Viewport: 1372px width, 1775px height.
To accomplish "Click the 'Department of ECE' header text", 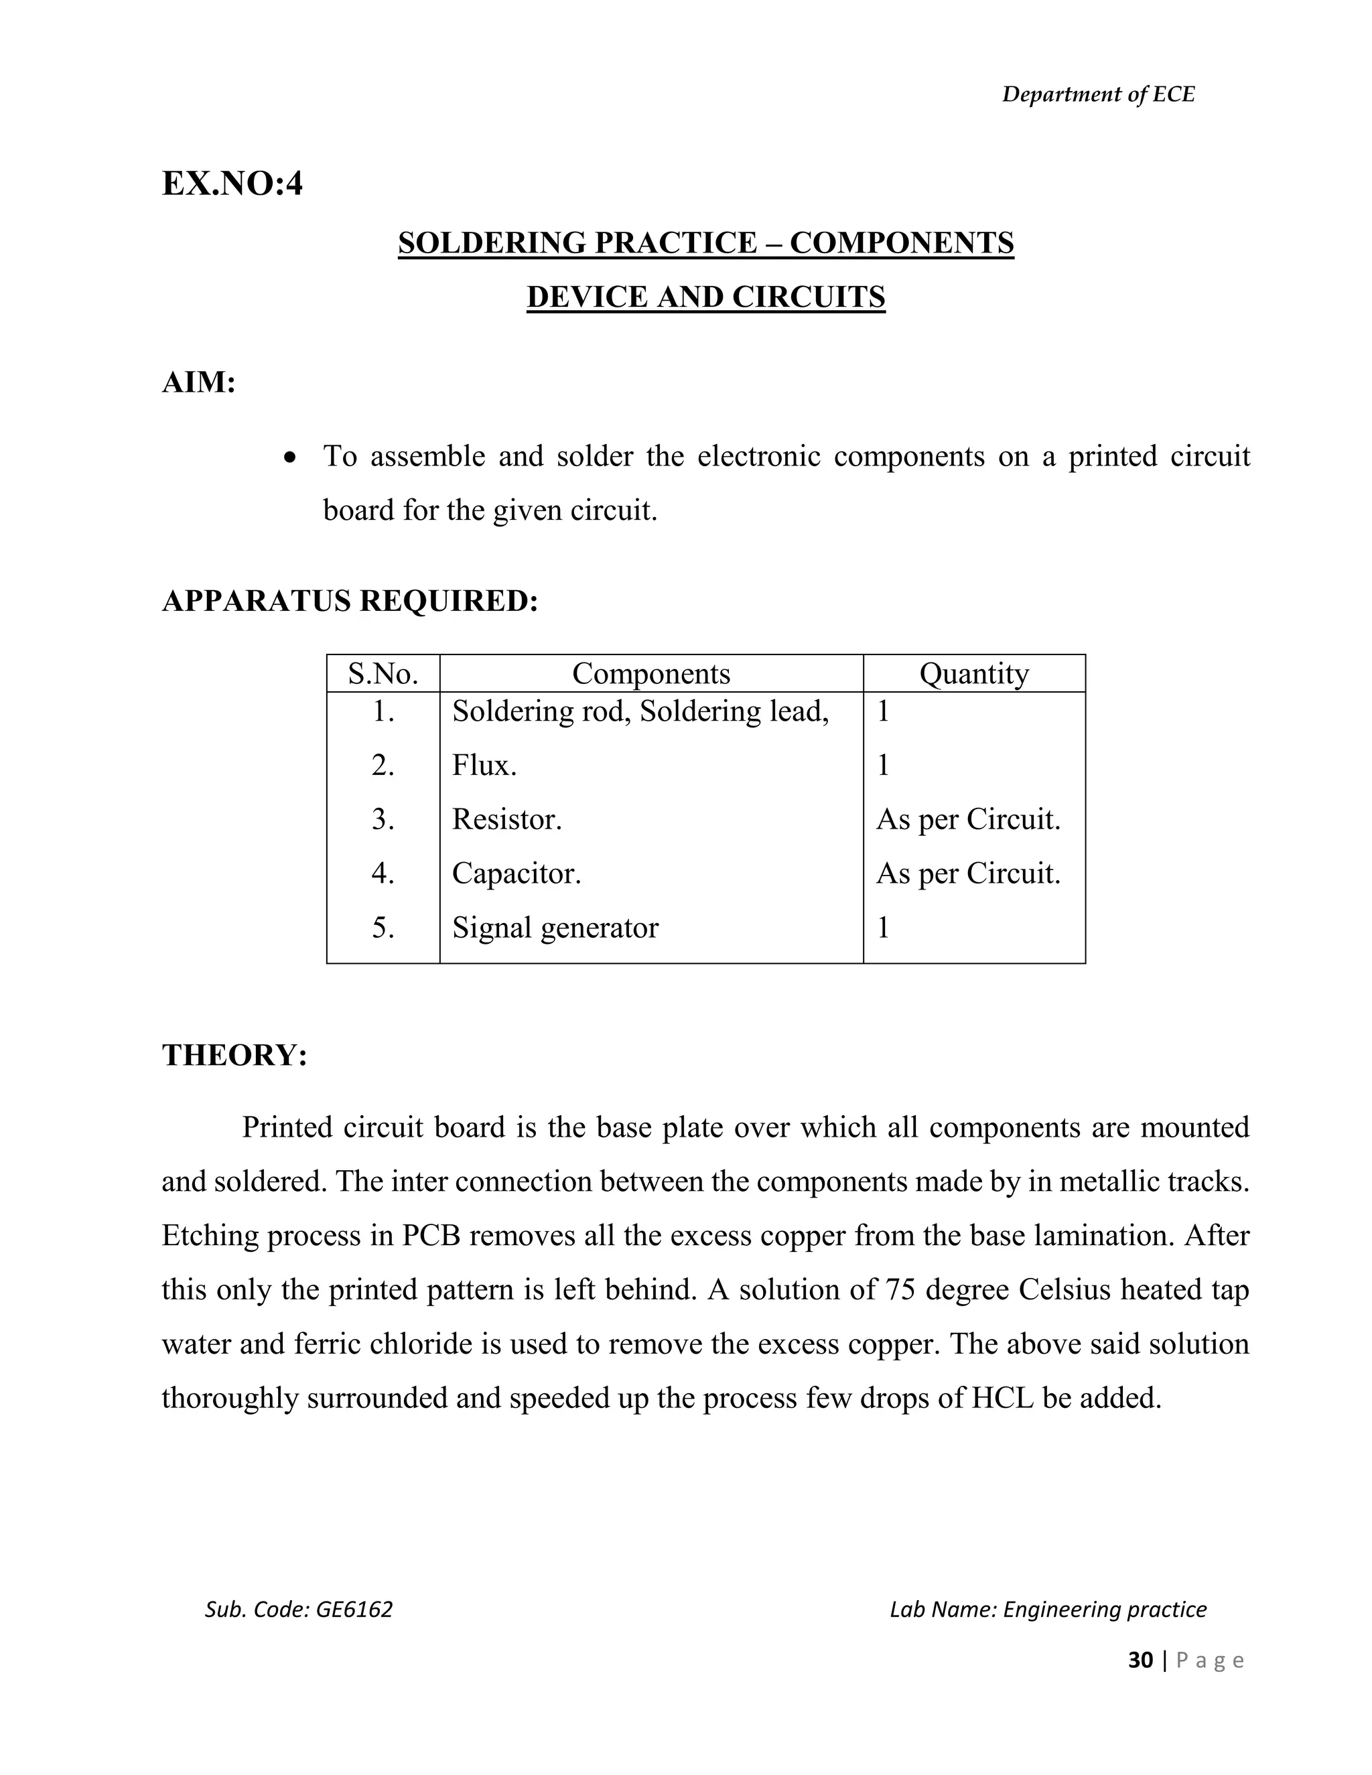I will (1097, 95).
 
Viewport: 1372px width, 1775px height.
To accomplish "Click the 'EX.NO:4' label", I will (232, 184).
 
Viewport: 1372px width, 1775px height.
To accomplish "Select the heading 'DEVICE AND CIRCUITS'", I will (705, 297).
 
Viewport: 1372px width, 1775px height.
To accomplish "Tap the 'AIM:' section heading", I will (199, 382).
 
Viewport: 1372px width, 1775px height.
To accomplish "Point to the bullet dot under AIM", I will (290, 458).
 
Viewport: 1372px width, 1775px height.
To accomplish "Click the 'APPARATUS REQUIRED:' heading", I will (350, 601).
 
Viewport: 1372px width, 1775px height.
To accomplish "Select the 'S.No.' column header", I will (383, 674).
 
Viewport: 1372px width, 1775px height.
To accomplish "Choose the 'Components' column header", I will (651, 674).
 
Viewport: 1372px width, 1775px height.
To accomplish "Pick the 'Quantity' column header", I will (973, 674).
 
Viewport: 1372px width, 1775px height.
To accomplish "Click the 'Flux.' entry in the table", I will (484, 766).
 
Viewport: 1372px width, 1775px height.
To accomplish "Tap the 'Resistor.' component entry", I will (507, 819).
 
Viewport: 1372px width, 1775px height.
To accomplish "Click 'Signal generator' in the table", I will (555, 927).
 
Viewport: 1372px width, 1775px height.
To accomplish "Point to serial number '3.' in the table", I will (383, 819).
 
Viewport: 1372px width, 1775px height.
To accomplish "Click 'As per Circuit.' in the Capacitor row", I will (968, 873).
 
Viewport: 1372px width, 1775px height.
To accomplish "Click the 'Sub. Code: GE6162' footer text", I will (298, 1609).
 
